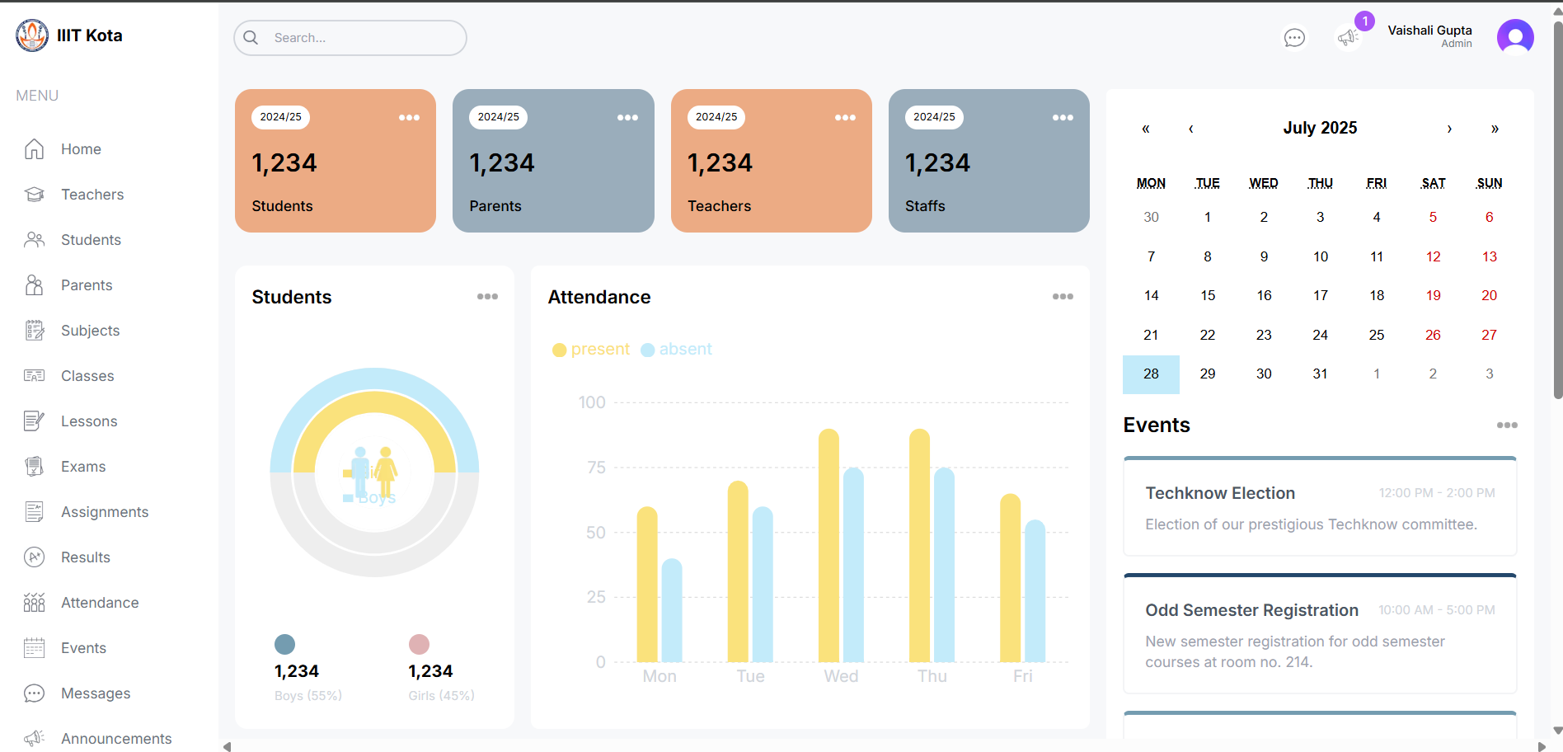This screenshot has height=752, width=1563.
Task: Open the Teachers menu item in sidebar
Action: pyautogui.click(x=92, y=195)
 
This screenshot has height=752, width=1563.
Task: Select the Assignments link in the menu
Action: pyautogui.click(x=104, y=512)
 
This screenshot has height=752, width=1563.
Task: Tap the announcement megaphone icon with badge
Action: pyautogui.click(x=1348, y=37)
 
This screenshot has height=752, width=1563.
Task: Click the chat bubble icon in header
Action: pyautogui.click(x=1294, y=38)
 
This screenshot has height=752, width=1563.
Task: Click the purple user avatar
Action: pyautogui.click(x=1514, y=37)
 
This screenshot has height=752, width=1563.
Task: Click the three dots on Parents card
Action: pyautogui.click(x=627, y=117)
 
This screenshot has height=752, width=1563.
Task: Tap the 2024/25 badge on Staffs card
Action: pyautogui.click(x=934, y=117)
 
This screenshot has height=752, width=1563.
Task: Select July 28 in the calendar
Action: pyautogui.click(x=1151, y=374)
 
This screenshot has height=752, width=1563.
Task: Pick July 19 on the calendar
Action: pyautogui.click(x=1433, y=295)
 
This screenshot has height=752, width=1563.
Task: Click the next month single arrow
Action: pyautogui.click(x=1448, y=129)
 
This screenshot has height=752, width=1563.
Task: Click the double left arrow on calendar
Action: pyautogui.click(x=1145, y=129)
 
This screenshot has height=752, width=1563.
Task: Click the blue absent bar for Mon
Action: pyautogui.click(x=672, y=610)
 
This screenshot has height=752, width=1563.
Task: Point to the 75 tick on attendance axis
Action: pyautogui.click(x=596, y=468)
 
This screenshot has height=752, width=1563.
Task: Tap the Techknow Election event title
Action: pyautogui.click(x=1219, y=493)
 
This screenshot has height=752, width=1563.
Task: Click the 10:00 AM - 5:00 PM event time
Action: pyautogui.click(x=1436, y=610)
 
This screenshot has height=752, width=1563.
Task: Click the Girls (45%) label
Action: pyautogui.click(x=441, y=696)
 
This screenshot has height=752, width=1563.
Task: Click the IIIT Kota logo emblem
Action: pyautogui.click(x=32, y=35)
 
